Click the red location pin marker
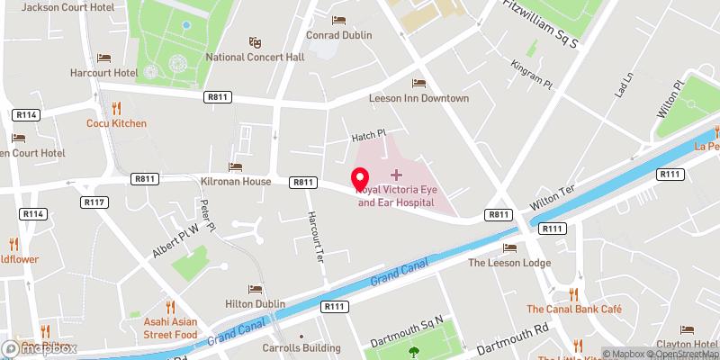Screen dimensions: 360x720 pyautogui.click(x=361, y=177)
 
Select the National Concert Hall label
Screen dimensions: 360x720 pyautogui.click(x=255, y=57)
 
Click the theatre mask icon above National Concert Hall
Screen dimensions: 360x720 pyautogui.click(x=255, y=41)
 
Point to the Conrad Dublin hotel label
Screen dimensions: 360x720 pyautogui.click(x=339, y=35)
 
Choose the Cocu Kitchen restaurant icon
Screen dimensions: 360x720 pyautogui.click(x=116, y=108)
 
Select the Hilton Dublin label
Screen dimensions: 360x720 pyautogui.click(x=255, y=304)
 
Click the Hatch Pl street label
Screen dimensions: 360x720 pyautogui.click(x=367, y=135)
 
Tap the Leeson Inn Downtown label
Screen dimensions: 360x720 pyautogui.click(x=418, y=98)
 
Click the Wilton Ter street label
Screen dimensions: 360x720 pyautogui.click(x=553, y=199)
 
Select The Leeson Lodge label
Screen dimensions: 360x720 pyautogui.click(x=508, y=263)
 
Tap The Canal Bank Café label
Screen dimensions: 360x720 pyautogui.click(x=574, y=310)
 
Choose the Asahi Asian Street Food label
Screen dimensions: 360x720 pyautogui.click(x=169, y=328)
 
